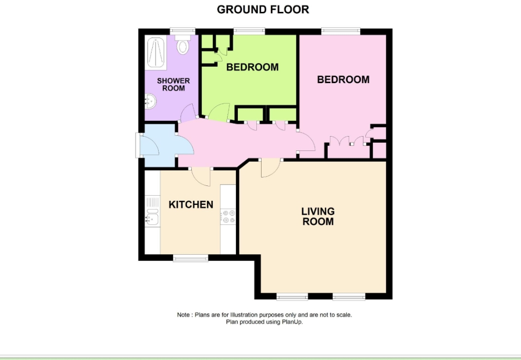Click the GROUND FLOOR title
[x=263, y=9]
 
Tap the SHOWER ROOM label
[x=173, y=84]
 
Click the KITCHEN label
[x=191, y=204]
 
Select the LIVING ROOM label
[x=318, y=216]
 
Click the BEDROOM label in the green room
[x=252, y=67]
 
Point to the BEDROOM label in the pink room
[x=343, y=80]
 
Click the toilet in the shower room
[x=182, y=46]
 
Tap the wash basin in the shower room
[x=151, y=101]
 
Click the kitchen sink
[x=152, y=218]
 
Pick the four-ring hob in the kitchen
[x=228, y=216]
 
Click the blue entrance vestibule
[x=159, y=145]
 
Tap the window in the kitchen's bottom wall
[x=191, y=258]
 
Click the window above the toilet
[x=183, y=31]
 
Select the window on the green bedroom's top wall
[x=249, y=31]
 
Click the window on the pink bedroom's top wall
[x=341, y=31]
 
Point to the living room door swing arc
[x=270, y=168]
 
